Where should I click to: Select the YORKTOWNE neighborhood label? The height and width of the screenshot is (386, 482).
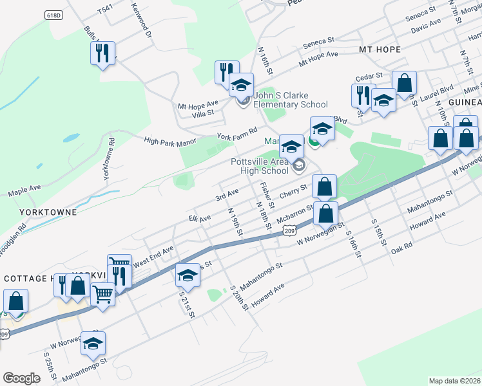pos(48,212)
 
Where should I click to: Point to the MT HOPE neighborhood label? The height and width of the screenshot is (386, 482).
pos(380,50)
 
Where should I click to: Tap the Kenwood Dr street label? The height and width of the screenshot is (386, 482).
pos(143,23)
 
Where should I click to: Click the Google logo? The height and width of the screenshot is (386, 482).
pos(21,378)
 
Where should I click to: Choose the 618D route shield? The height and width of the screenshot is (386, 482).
pos(54,15)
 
